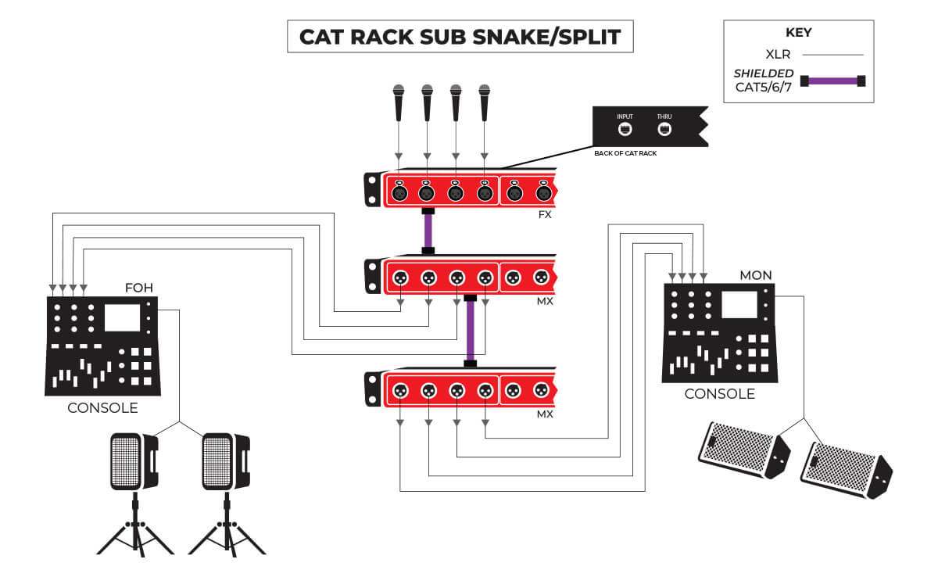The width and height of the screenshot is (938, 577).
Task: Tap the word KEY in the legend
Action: pos(797,33)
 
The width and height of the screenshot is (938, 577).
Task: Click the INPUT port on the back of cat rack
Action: pos(625,128)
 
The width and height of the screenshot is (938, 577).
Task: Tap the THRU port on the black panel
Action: pos(664,128)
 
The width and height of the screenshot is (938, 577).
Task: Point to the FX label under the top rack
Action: pos(545,213)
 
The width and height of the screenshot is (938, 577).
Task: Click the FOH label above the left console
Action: pos(139,288)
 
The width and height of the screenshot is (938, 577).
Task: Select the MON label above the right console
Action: pos(755,275)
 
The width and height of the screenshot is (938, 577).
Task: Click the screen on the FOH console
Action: pos(122,317)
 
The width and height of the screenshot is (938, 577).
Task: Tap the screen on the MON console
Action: pos(739,304)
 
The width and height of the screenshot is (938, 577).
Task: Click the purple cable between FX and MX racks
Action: pos(428,231)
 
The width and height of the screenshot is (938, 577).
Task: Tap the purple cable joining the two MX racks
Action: pos(470,331)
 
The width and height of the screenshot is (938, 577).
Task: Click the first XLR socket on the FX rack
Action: pos(398,192)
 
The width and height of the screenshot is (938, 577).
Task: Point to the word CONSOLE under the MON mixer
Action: pos(719,394)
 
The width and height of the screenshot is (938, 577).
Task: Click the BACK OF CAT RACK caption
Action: pos(625,153)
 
